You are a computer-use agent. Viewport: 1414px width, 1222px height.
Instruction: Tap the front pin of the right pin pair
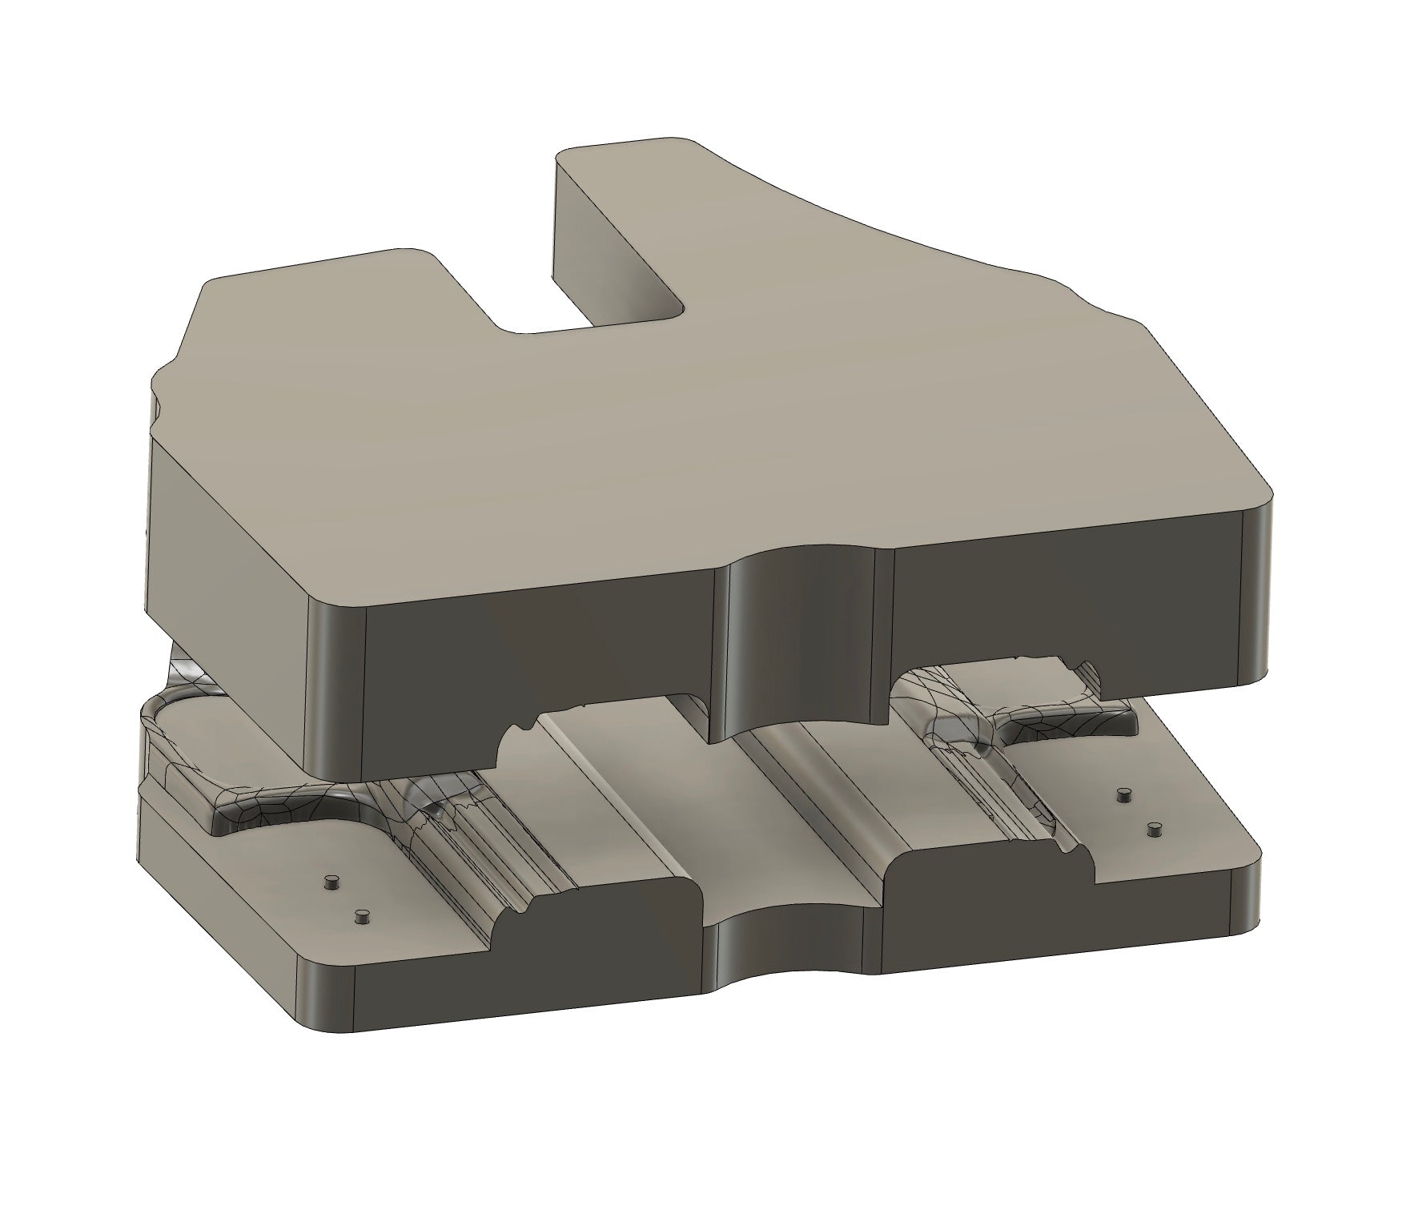tap(1154, 830)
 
